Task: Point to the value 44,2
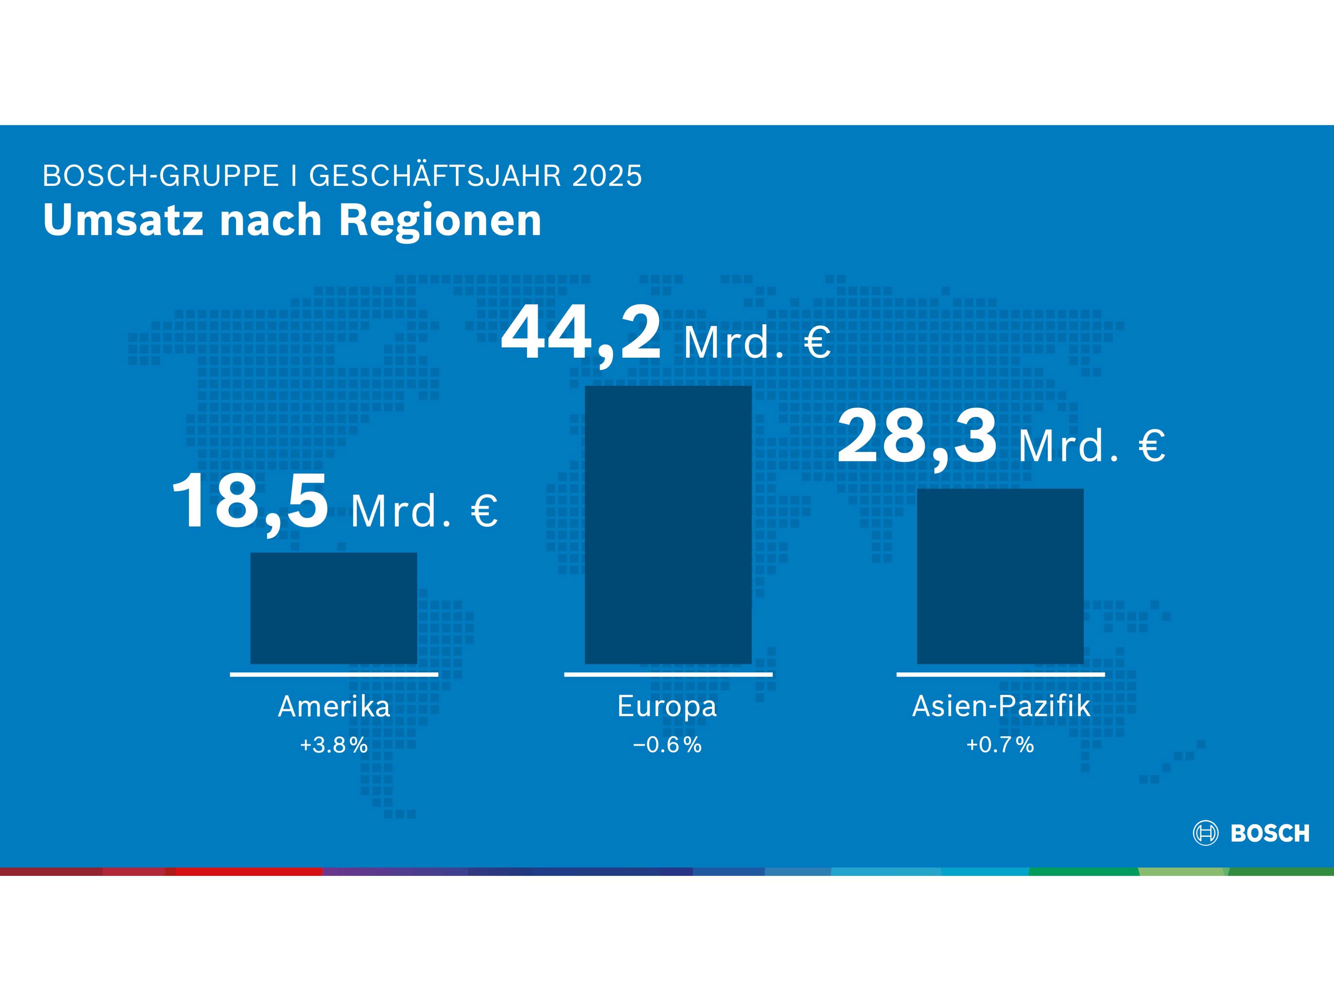pos(581,334)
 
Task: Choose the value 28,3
pos(917,436)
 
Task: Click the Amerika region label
pos(333,706)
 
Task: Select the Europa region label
pos(667,706)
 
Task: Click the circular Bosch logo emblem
pos(1206,833)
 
